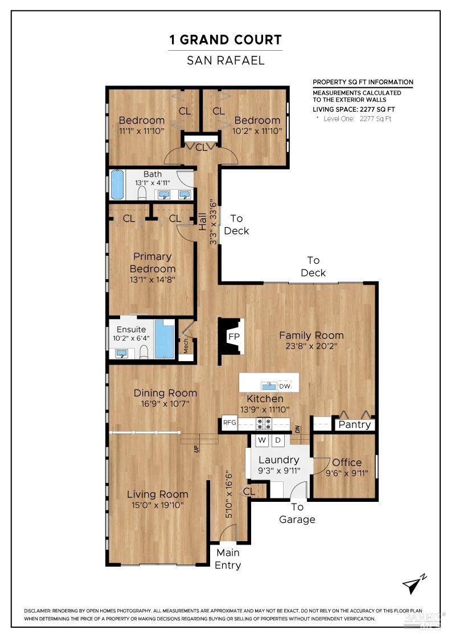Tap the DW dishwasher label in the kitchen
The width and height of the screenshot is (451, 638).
pos(285,386)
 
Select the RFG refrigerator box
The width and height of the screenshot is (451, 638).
pos(229,423)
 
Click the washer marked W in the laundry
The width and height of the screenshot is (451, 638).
pos(263,440)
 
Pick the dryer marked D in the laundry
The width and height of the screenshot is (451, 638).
pos(277,440)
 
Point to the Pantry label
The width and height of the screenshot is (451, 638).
pos(354,424)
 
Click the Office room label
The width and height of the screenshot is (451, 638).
pos(347,462)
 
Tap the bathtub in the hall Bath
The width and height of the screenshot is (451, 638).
pos(117,185)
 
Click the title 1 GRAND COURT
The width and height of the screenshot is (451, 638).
pos(225,40)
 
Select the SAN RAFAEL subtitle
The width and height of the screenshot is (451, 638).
pos(225,60)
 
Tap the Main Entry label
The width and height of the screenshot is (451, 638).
pos(227,559)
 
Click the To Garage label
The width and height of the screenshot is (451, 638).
pos(297,513)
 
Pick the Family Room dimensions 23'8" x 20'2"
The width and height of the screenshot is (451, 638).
pos(311,345)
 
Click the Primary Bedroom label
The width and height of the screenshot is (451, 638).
pos(152,263)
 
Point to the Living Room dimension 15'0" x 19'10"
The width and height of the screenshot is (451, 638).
pos(157,505)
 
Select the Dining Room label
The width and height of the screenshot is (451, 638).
pos(165,393)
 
